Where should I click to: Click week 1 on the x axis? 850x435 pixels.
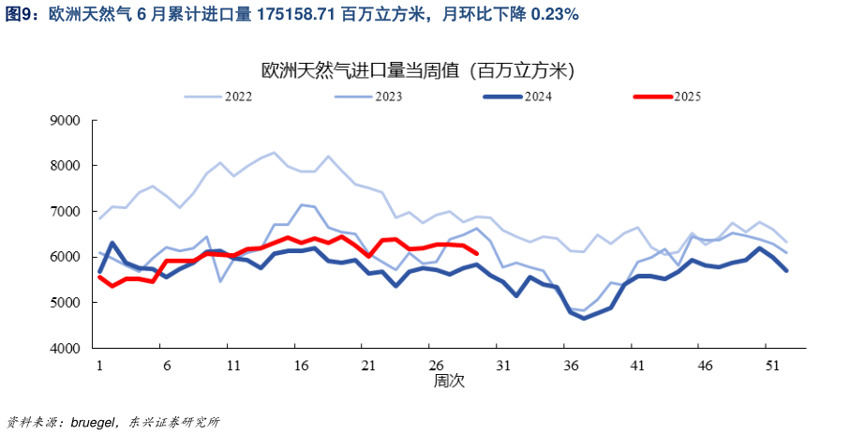[99, 365]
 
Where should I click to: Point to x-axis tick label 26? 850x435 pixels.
[436, 365]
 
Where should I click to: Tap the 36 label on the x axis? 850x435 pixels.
[570, 365]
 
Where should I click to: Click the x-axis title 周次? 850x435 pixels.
[448, 382]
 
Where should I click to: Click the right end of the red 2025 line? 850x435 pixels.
[477, 253]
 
